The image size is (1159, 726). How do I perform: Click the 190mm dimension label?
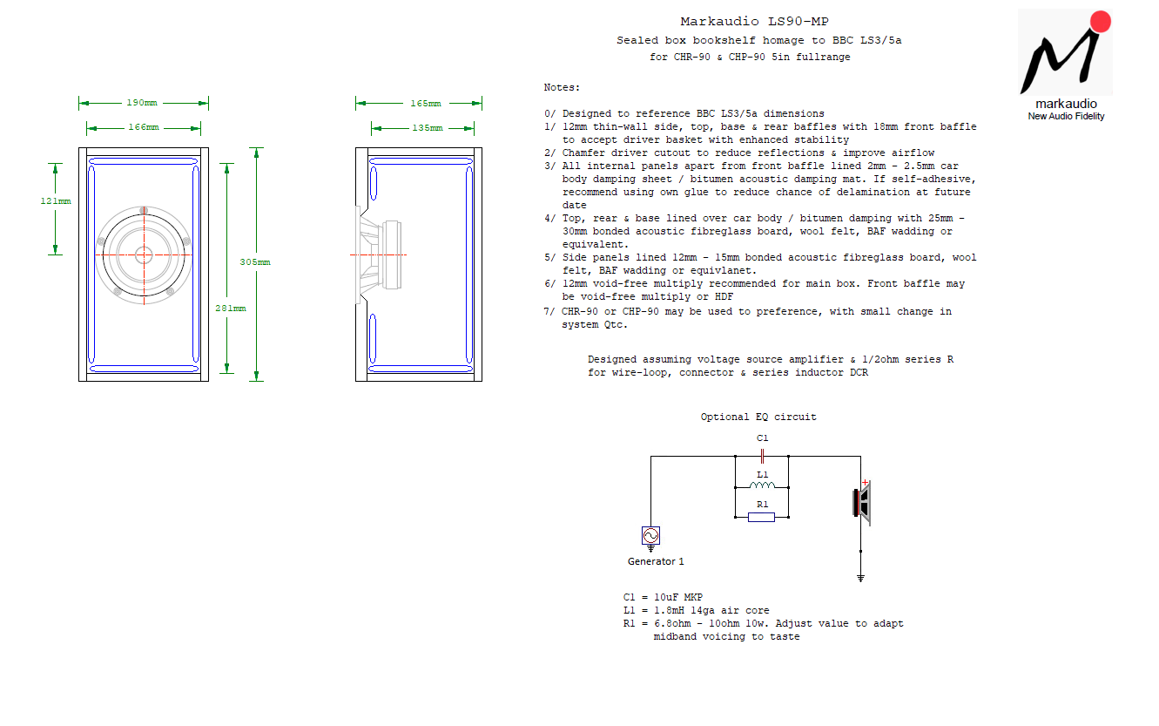pos(142,103)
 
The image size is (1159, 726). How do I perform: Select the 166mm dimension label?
pos(144,127)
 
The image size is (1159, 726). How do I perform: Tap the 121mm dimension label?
pos(56,201)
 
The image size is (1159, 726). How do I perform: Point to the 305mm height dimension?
pos(254,262)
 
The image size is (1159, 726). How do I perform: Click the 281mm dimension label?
pos(230,309)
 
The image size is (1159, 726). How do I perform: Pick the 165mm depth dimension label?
pos(425,104)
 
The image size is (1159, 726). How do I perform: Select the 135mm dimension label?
pos(427,128)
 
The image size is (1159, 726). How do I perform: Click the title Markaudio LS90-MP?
pos(754,21)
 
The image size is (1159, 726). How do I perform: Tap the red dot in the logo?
pos(1101,22)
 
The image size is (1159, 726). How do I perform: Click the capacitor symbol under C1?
pos(762,456)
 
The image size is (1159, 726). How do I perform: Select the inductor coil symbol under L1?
pos(762,485)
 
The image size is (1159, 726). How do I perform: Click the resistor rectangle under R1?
pos(761,517)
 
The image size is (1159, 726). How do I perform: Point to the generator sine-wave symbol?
pos(650,535)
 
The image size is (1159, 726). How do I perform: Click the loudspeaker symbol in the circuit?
pos(862,502)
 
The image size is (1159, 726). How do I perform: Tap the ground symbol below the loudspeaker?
pos(860,578)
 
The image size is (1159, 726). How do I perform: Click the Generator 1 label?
pos(656,561)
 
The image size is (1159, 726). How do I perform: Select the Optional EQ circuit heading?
pos(758,417)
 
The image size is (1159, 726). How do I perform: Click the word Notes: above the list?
pos(562,87)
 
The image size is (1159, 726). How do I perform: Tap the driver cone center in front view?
pos(144,254)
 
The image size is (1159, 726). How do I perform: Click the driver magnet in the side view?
pos(392,254)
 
